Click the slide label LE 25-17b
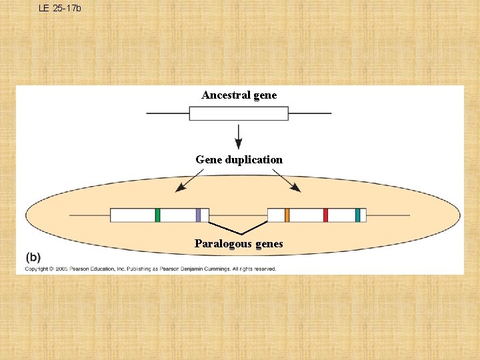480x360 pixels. point(59,8)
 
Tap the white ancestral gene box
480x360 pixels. point(239,113)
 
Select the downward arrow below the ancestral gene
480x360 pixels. point(239,136)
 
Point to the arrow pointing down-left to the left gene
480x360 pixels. point(189,181)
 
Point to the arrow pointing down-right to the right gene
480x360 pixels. point(287,181)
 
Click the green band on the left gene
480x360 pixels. point(157,215)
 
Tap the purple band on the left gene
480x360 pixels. point(198,215)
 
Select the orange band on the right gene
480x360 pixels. point(287,215)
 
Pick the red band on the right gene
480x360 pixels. point(325,215)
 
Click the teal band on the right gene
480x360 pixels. point(357,215)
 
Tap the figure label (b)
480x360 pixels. point(33,257)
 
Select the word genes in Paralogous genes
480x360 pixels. point(269,244)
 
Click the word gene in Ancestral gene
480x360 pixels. point(265,95)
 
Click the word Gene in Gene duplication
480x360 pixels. point(209,160)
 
